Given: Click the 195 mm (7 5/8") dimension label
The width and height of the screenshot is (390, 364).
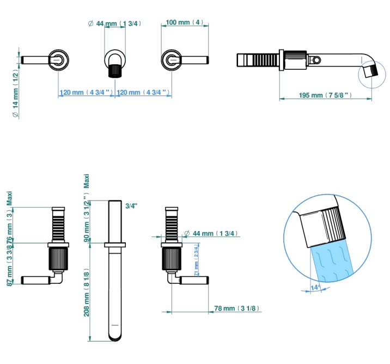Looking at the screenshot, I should pos(325,95).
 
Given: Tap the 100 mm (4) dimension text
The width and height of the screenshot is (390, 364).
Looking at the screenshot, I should pos(184,22).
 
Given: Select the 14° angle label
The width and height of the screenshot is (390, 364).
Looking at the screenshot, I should pos(314,287).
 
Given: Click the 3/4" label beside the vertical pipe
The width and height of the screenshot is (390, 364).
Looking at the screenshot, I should pos(131,205).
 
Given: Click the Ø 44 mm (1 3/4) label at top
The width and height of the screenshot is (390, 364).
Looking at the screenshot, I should pos(115,23).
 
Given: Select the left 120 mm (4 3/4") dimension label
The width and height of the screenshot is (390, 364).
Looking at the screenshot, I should pos(87,93).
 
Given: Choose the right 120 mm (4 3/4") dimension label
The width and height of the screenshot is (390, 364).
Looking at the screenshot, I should pos(143,93).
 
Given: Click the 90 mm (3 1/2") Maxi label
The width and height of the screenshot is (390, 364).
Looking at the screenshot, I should pos(87,218).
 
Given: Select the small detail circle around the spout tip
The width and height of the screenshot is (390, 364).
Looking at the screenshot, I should pos(370,72).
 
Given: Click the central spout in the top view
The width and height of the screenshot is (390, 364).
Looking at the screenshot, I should pos(115,62).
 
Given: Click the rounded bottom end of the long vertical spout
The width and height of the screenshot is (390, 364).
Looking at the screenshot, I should pos(115,337).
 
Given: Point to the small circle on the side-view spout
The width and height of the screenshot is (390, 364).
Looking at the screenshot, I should pos(316,59).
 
